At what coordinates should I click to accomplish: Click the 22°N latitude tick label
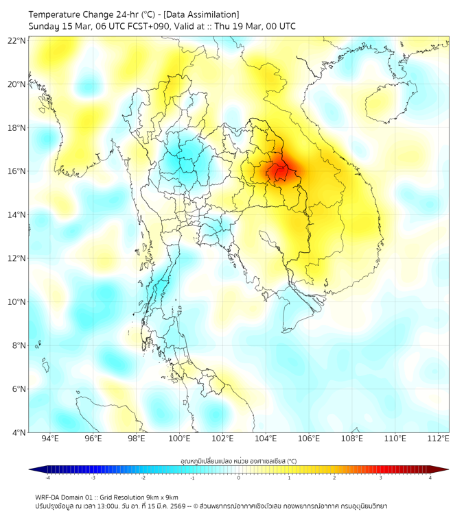(17, 40)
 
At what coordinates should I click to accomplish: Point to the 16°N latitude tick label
(17, 171)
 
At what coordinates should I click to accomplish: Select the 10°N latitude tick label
(17, 301)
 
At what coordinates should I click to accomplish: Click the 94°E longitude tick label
(50, 439)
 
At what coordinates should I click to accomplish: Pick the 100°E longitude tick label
(179, 439)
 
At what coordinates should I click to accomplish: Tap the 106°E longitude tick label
(309, 439)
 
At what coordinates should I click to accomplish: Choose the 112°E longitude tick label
(438, 439)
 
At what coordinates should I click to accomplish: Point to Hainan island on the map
(389, 104)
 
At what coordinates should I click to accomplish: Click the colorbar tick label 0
(239, 477)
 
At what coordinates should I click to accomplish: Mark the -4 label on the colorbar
(47, 477)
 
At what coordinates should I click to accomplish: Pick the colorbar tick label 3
(382, 477)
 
